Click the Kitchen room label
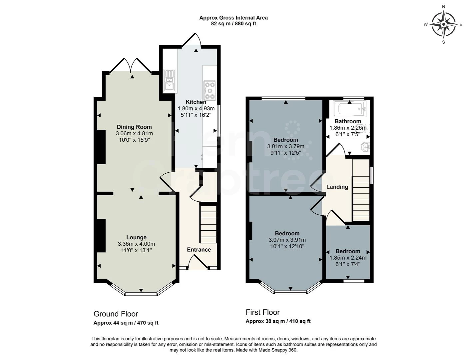(x=196, y=102)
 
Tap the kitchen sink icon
(x=169, y=81)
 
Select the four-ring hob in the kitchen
(x=210, y=90)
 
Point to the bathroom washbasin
(x=366, y=147)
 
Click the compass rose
(x=443, y=24)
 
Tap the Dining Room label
(x=134, y=127)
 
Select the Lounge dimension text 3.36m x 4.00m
(x=136, y=244)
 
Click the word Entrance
(x=199, y=250)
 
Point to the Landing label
(x=337, y=187)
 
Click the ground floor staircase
(x=208, y=224)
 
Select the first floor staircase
(x=361, y=190)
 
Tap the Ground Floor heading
(x=116, y=314)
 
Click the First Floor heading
(x=262, y=312)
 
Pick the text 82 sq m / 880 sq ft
(x=233, y=24)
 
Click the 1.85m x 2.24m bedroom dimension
(x=348, y=258)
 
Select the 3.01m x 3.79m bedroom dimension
(x=285, y=146)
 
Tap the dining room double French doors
(x=131, y=65)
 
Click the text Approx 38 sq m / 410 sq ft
(x=278, y=321)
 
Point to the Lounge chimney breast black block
(x=101, y=235)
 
